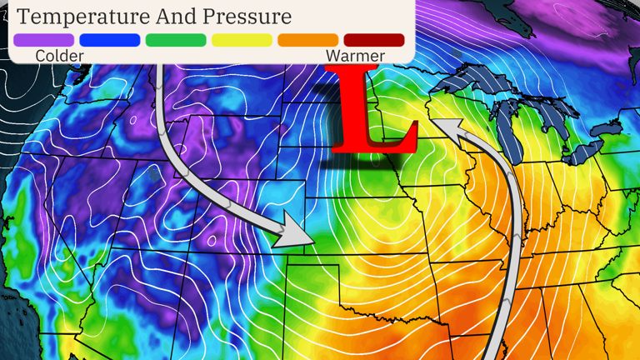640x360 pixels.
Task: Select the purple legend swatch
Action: coord(43,40)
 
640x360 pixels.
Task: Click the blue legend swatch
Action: coord(109,40)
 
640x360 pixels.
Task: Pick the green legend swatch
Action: coord(176,40)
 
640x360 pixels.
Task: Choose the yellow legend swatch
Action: coord(242,40)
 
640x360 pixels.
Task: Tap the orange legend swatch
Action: coord(307,40)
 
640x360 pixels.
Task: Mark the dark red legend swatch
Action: coord(373,40)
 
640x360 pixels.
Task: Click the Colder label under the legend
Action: coord(60,56)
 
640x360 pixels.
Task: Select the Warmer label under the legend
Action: coord(355,56)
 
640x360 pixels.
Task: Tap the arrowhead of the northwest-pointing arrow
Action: coord(446,128)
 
